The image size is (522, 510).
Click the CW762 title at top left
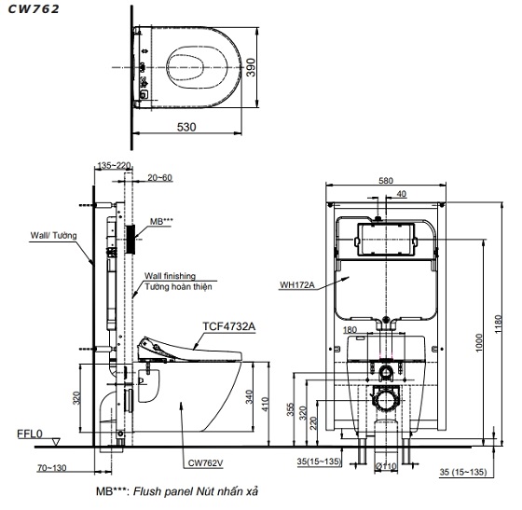pyautogui.click(x=34, y=9)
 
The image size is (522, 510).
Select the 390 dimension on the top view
pyautogui.click(x=251, y=67)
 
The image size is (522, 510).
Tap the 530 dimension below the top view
pyautogui.click(x=186, y=127)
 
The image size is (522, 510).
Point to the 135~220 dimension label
pyautogui.click(x=114, y=165)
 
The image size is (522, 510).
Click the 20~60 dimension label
pyautogui.click(x=160, y=178)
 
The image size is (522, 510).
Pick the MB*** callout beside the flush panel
pyautogui.click(x=161, y=221)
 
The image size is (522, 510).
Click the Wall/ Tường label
pyautogui.click(x=54, y=236)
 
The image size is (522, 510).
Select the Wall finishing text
pyautogui.click(x=170, y=276)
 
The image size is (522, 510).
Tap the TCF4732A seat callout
pyautogui.click(x=229, y=326)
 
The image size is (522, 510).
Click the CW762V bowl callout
pyautogui.click(x=205, y=462)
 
